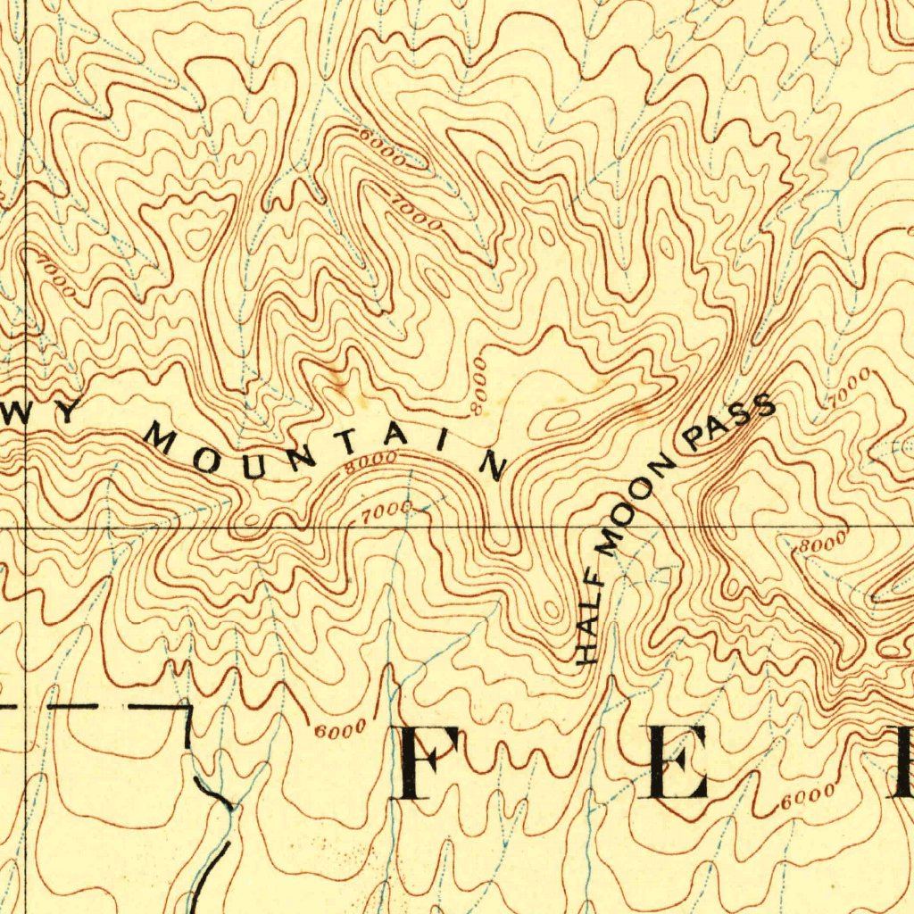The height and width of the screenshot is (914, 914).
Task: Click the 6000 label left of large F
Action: coord(340,729)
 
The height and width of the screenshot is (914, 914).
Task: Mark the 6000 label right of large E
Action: coord(807,796)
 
